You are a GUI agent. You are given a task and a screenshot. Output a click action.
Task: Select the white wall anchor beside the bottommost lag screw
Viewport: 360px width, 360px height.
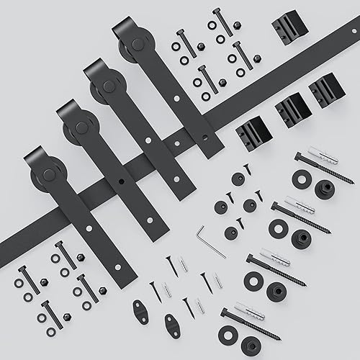248,311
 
